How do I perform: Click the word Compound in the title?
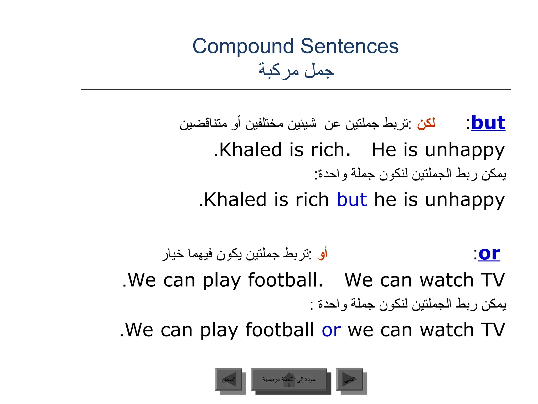243,46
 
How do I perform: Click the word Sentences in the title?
349,46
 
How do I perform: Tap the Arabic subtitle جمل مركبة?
296,70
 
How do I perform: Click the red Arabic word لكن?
426,123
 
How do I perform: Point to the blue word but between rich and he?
352,199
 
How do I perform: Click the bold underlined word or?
489,254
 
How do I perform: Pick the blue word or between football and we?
331,330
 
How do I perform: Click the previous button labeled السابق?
229,379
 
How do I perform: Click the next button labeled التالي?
350,379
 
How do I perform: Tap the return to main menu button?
289,379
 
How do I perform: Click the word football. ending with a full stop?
285,280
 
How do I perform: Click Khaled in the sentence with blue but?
235,199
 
